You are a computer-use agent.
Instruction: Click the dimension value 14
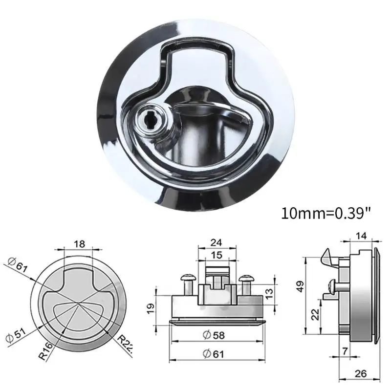[362, 235]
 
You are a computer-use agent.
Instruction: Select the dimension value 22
[317, 314]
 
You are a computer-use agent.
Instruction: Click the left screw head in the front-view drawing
[187, 278]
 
